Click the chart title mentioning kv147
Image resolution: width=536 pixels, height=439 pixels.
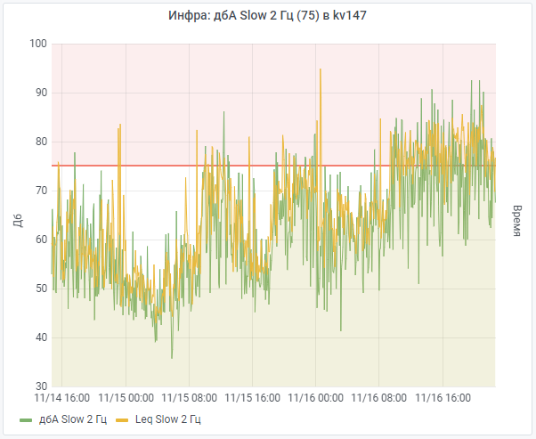click(267, 15)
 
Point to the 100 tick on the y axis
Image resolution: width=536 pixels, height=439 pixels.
click(37, 44)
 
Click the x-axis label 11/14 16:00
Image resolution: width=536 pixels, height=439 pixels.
click(62, 398)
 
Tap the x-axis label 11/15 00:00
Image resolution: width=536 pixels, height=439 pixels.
click(126, 398)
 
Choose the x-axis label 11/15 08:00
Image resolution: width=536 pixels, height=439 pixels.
click(189, 398)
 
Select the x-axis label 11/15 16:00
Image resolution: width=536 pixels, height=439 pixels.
click(253, 398)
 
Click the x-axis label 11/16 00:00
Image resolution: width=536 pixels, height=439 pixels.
click(316, 398)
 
